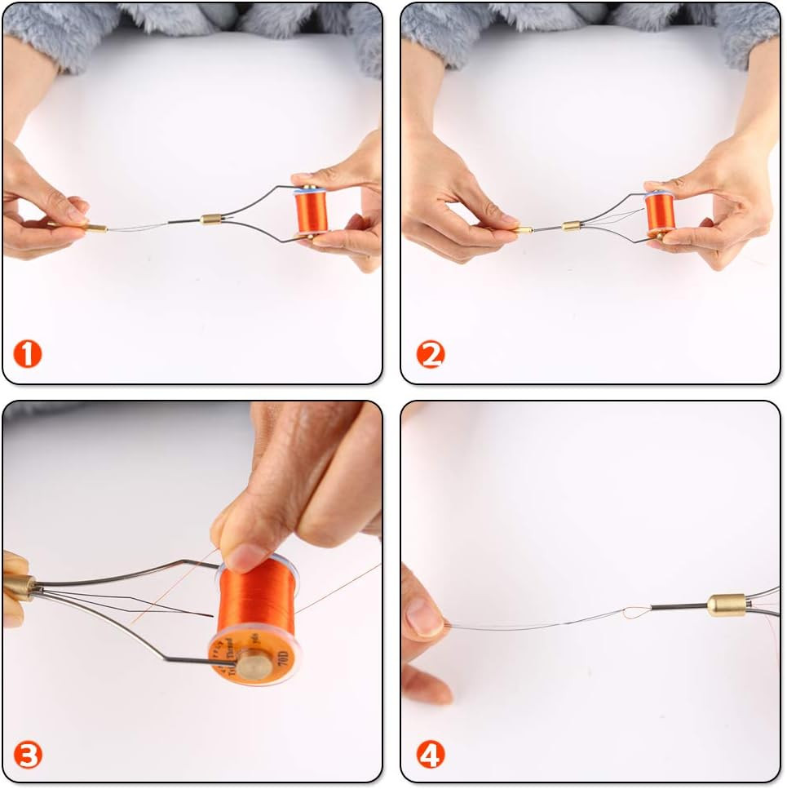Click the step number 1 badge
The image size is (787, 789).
point(27,354)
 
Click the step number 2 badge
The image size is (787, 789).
point(430,354)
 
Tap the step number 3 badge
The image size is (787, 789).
point(27,755)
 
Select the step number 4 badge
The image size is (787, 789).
point(430,755)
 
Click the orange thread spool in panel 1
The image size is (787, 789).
point(311,210)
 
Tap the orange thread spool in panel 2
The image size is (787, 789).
point(659,215)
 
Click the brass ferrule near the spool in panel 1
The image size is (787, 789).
point(211,219)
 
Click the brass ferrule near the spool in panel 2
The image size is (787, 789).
point(570,224)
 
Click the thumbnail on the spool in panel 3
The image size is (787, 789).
point(244,558)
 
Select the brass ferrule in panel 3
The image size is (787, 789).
point(20,587)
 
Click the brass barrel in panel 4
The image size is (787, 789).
point(724,605)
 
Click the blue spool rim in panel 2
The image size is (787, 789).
point(659,194)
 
